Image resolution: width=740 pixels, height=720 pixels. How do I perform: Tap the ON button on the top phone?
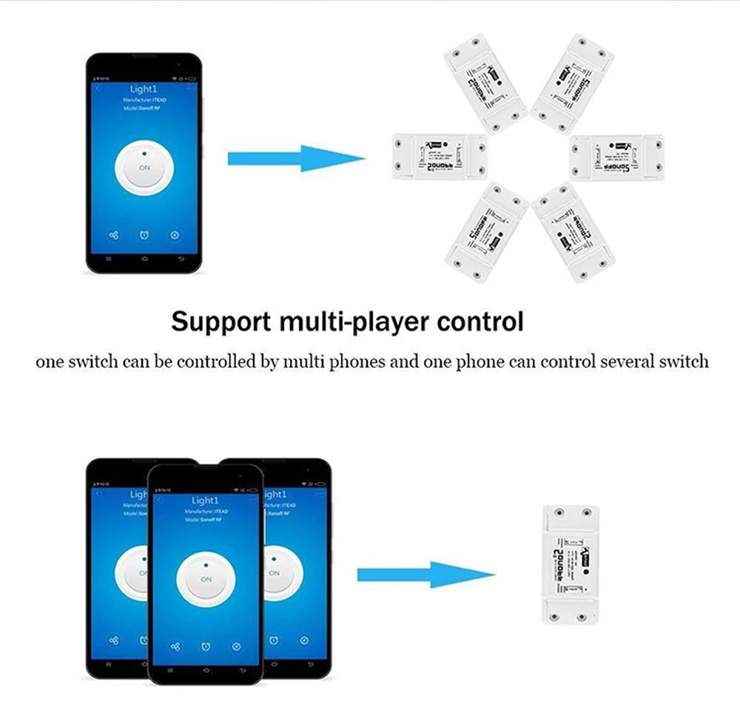click(x=144, y=168)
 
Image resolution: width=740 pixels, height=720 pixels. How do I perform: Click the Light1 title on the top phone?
click(x=144, y=89)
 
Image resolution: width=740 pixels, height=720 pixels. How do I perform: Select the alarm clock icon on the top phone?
click(x=144, y=235)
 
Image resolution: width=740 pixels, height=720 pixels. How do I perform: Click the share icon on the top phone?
click(x=113, y=235)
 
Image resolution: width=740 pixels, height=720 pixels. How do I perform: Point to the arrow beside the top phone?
click(x=296, y=157)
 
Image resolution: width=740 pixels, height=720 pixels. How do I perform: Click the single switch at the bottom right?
click(x=570, y=564)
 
